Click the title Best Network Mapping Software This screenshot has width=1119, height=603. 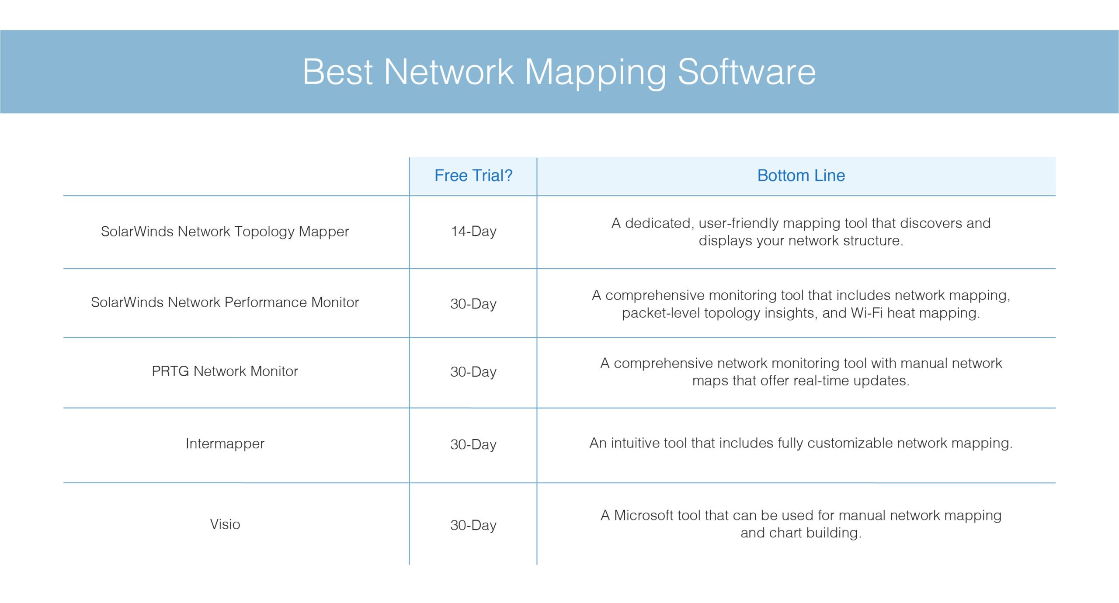point(559,72)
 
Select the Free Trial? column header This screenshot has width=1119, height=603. point(473,176)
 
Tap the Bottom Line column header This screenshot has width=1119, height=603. point(801,176)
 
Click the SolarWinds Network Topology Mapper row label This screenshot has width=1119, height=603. point(225,232)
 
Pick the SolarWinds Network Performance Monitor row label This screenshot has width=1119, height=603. point(225,302)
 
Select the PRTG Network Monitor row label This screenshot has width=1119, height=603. point(225,371)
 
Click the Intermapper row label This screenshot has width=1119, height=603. point(225,444)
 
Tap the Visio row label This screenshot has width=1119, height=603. point(225,524)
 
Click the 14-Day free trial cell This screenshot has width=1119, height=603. point(473,232)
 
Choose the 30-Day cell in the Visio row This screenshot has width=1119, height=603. point(473,525)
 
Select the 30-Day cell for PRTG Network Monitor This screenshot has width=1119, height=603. point(473,372)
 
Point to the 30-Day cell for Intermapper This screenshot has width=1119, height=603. point(473,445)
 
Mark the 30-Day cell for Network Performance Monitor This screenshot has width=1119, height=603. point(473,304)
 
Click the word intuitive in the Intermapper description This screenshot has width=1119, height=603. point(636,444)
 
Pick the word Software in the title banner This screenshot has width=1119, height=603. point(747,72)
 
